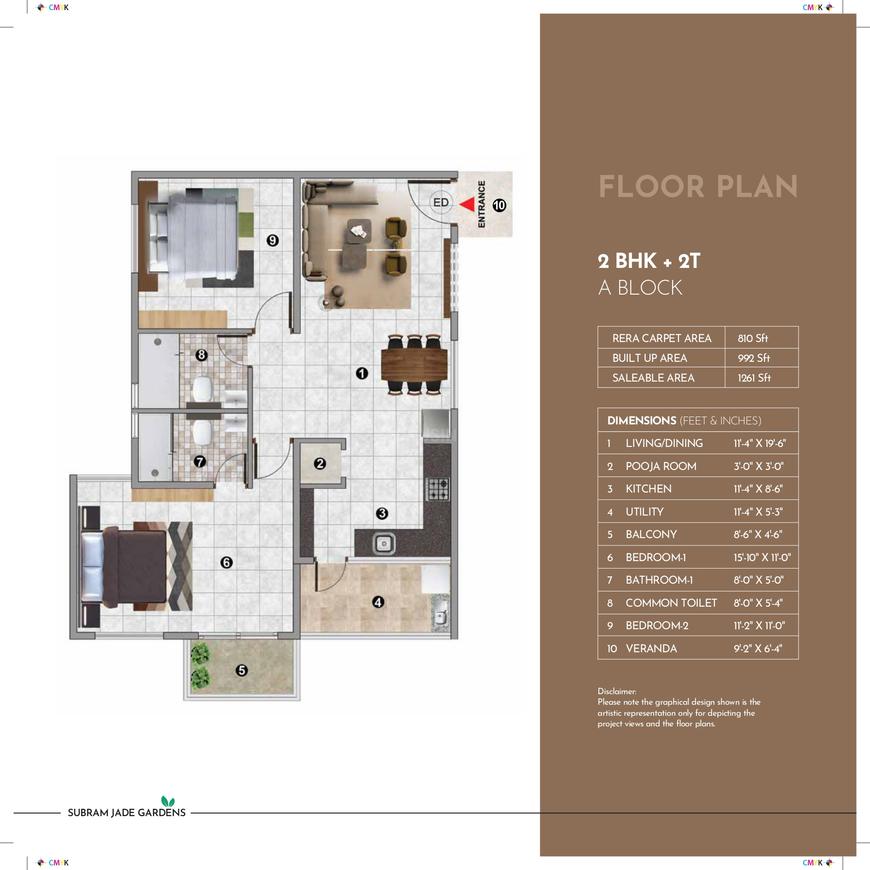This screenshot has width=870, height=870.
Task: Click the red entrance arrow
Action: click(x=468, y=205)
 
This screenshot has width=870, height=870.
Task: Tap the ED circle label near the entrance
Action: click(x=441, y=203)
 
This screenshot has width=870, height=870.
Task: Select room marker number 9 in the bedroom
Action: click(x=272, y=240)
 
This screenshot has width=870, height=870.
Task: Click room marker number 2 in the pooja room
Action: click(x=320, y=463)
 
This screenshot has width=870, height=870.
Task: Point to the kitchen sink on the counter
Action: click(x=384, y=543)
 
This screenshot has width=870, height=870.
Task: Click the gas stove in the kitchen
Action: click(x=437, y=489)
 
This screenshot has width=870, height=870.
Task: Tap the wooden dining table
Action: click(x=414, y=365)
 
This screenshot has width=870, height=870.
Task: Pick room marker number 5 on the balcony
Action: click(x=241, y=670)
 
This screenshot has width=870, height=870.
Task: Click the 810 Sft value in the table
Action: click(x=753, y=338)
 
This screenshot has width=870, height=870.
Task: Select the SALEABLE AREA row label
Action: click(x=653, y=378)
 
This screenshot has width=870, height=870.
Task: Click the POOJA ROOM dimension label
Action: click(x=661, y=466)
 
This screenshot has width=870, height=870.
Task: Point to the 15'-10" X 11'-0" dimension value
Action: click(x=762, y=557)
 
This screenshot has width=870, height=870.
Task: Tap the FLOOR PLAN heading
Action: click(x=698, y=186)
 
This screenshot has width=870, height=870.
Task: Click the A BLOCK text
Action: click(x=640, y=287)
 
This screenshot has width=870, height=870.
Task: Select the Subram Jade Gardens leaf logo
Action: click(x=168, y=801)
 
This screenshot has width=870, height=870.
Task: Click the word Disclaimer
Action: click(x=617, y=691)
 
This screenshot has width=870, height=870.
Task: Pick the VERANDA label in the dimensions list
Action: click(x=651, y=648)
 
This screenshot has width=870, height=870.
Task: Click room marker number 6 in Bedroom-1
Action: click(x=226, y=563)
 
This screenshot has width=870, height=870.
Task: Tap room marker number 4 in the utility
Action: click(x=378, y=602)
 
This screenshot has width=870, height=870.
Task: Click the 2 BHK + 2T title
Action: click(x=649, y=261)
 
